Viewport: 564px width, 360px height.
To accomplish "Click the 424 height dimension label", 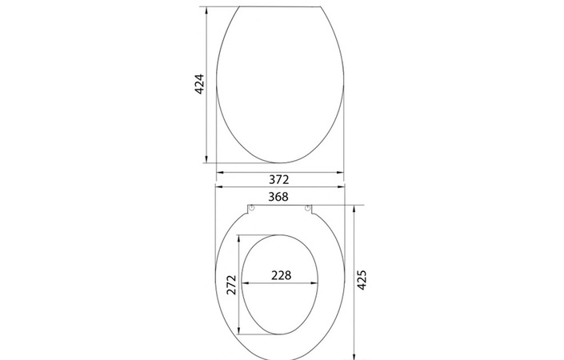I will point(199,85).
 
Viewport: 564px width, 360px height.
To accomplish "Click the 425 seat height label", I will point(362,280).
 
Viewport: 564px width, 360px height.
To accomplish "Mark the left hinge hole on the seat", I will point(252,210).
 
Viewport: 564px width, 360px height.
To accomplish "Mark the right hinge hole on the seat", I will point(307,210).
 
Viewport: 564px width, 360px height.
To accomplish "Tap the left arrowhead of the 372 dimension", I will point(219,171).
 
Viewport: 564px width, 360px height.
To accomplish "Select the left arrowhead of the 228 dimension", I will point(245,283).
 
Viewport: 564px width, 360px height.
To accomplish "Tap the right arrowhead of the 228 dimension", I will point(315,283).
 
